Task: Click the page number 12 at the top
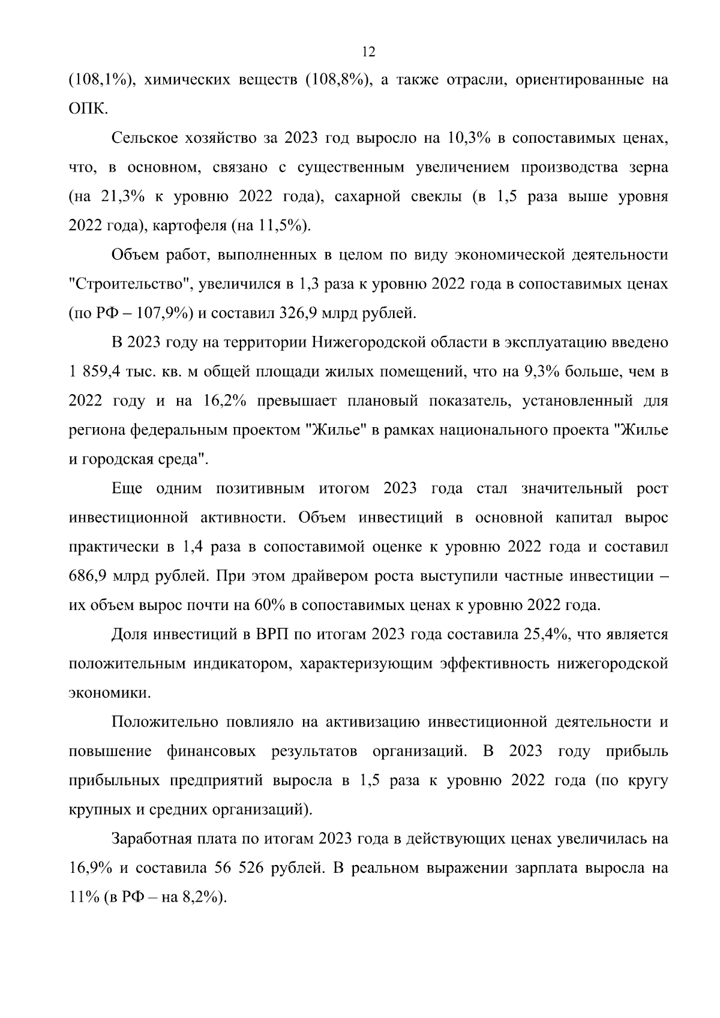368,52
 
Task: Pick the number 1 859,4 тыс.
106,372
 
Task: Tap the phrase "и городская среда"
138,460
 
